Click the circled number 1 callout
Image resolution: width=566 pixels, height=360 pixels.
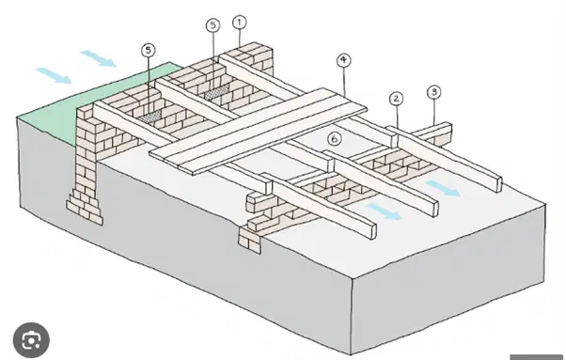click(239, 23)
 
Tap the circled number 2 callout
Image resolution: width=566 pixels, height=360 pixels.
click(397, 99)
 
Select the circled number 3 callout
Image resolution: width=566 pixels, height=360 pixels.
click(433, 92)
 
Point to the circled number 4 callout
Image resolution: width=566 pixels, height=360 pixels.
click(343, 60)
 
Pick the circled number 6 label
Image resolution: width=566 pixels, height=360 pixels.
click(335, 138)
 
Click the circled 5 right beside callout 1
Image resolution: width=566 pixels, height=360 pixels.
click(213, 25)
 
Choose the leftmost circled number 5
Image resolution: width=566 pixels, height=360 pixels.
click(148, 50)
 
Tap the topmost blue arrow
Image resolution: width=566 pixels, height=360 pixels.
click(98, 58)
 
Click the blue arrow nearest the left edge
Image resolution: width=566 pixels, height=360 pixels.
click(55, 75)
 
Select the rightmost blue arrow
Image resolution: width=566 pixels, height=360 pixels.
click(443, 189)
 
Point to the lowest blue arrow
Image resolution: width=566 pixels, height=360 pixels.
click(384, 211)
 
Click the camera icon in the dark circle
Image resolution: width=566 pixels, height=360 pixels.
click(31, 340)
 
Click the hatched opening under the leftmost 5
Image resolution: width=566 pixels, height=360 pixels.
click(149, 116)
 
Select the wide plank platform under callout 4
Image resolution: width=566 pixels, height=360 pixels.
click(259, 131)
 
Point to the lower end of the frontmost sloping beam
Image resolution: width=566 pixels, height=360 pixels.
click(371, 231)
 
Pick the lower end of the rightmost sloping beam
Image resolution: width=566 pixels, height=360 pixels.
click(497, 184)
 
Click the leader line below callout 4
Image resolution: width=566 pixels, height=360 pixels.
click(344, 81)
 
